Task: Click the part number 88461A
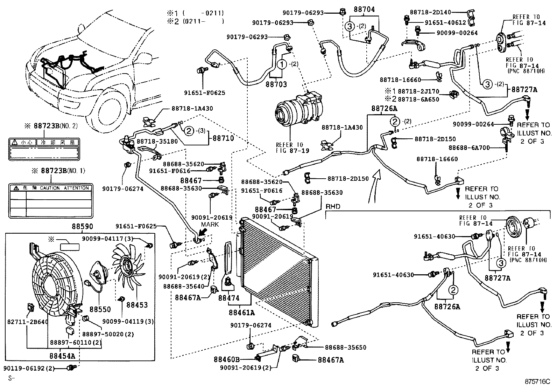242,312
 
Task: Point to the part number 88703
276,84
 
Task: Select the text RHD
333,207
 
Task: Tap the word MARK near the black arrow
210,224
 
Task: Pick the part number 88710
223,138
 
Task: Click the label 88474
229,298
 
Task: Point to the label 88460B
227,359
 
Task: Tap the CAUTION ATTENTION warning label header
51,188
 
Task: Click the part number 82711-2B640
28,321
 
